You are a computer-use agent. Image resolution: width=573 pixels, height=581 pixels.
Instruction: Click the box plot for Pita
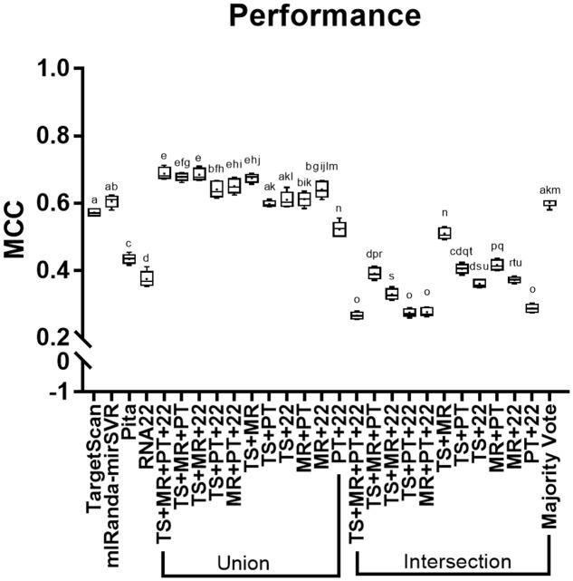129,259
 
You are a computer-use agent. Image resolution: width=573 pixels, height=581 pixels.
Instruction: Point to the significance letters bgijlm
320,166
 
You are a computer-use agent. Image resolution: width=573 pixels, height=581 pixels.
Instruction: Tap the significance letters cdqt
462,252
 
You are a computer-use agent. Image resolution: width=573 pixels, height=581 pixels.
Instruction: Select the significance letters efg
181,162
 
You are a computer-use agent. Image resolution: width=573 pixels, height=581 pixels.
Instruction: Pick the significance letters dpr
374,256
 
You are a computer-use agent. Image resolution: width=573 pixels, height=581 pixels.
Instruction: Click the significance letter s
391,276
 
